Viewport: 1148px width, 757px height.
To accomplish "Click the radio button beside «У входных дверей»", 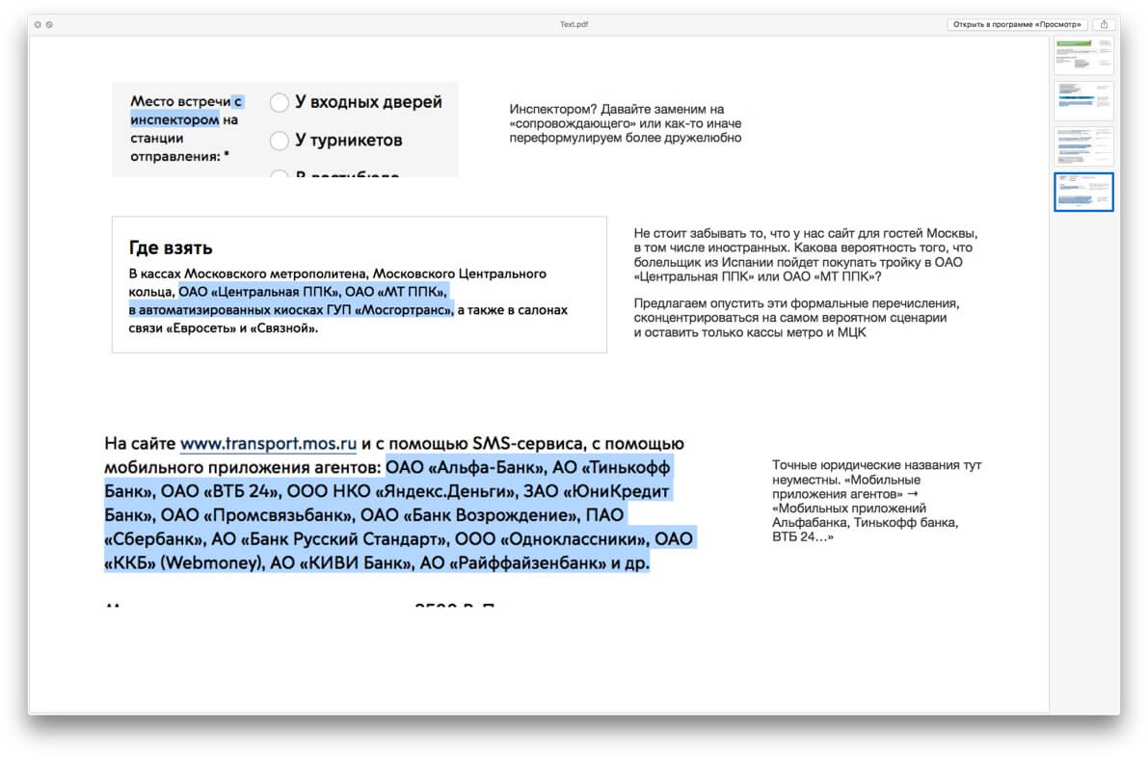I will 280,102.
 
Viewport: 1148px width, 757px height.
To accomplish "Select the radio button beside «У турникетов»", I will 280,141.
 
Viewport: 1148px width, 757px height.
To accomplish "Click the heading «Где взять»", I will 171,248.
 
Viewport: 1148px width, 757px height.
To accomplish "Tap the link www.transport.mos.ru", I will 268,444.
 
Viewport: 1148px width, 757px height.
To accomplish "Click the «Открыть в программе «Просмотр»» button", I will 1018,24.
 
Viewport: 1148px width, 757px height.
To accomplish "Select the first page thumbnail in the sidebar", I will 1083,56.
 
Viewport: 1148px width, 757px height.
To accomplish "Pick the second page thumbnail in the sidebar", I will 1083,100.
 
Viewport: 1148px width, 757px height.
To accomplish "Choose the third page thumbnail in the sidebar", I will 1083,145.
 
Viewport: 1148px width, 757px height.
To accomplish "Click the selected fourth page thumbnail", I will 1083,192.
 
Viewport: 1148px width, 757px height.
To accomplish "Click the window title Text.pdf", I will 574,24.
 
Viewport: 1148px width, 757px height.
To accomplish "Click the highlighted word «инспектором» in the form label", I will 174,120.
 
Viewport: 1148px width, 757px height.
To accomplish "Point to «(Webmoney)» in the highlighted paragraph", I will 214,563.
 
